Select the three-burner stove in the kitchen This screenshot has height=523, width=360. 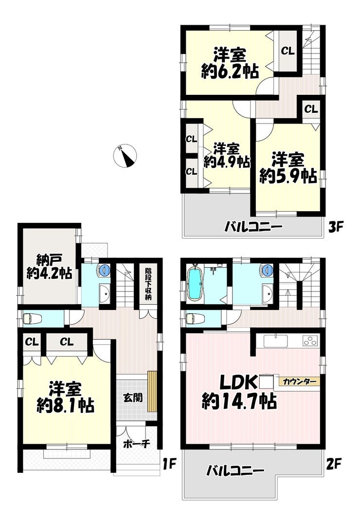point(310,341)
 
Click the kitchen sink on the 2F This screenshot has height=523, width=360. point(275,341)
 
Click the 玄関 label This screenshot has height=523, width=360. point(133,397)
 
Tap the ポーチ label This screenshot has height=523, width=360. point(137,444)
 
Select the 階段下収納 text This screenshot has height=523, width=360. point(148,284)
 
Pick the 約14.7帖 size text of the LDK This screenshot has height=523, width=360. point(239,401)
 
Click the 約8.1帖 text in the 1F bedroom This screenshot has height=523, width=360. point(65,405)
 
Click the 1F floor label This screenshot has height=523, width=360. point(169,464)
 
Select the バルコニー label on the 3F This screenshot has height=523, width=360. point(253,228)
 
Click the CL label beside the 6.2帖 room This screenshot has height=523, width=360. point(288,51)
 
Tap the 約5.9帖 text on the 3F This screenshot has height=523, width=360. point(288,176)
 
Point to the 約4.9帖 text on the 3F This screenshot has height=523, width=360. point(227,162)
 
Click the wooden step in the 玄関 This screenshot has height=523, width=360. point(152,392)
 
